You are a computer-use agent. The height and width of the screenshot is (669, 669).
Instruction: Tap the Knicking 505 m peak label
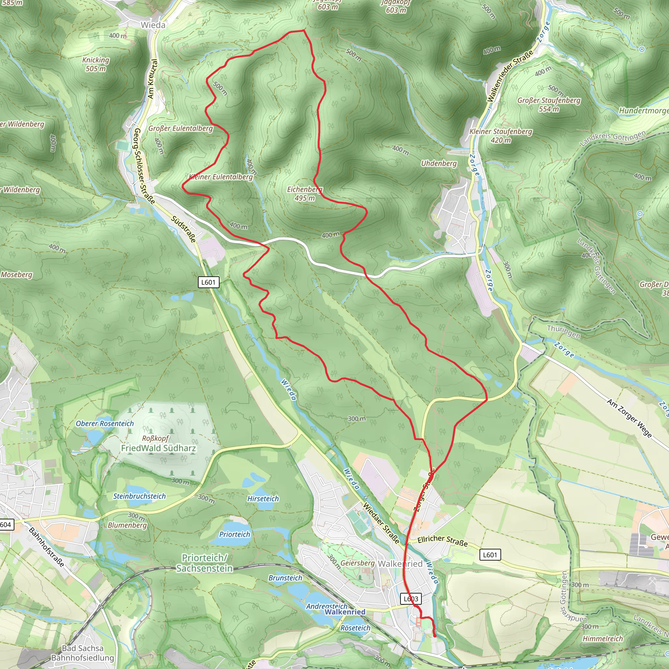click(96, 64)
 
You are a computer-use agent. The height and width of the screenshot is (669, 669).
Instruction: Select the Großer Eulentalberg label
click(180, 128)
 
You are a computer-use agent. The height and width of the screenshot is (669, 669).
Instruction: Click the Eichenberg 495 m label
click(304, 194)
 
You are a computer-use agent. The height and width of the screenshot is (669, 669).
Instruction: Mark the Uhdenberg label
click(439, 163)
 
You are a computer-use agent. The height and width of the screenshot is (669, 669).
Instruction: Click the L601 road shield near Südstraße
click(208, 282)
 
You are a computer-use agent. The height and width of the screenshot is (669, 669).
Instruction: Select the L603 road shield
click(411, 599)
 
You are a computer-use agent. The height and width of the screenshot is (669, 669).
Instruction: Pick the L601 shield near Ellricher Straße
click(490, 555)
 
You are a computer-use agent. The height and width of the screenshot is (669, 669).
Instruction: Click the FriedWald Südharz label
click(158, 448)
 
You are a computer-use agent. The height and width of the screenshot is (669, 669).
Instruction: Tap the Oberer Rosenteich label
click(105, 423)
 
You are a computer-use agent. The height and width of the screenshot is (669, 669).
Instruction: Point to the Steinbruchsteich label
click(139, 496)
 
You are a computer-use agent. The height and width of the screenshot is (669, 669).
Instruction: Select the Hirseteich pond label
click(263, 498)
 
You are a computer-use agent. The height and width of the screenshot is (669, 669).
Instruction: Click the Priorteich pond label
click(235, 534)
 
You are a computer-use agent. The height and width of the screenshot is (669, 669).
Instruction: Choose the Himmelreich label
click(602, 639)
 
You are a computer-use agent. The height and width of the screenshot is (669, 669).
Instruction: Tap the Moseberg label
click(17, 275)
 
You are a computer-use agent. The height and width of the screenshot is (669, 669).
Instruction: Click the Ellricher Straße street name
click(443, 541)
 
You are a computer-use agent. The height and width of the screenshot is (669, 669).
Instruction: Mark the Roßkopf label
click(155, 438)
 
